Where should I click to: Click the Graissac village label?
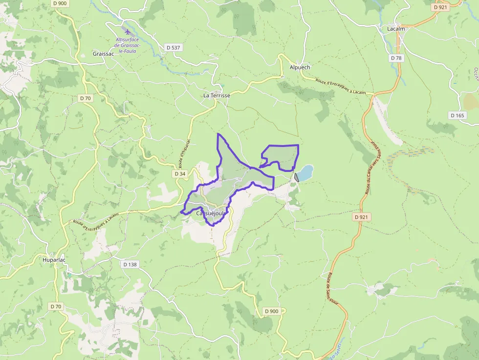[103, 54]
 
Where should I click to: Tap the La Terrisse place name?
[217, 96]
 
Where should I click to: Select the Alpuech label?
[300, 67]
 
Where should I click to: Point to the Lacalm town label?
[396, 29]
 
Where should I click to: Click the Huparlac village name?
[54, 260]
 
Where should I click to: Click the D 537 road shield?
[173, 47]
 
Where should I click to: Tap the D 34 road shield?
[180, 174]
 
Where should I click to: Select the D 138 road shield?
[130, 264]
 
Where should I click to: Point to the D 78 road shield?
[396, 58]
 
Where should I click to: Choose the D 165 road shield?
[457, 115]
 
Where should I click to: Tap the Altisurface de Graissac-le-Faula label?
[128, 45]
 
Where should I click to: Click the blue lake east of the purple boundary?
[305, 172]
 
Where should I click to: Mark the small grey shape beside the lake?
[296, 177]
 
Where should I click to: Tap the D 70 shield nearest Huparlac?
[56, 306]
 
